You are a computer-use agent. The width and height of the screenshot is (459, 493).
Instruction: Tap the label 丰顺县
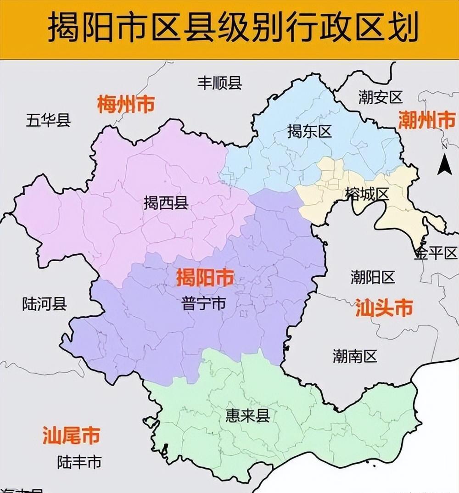pyautogui.click(x=220, y=83)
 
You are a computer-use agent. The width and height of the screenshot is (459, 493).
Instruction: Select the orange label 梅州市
pyautogui.click(x=125, y=105)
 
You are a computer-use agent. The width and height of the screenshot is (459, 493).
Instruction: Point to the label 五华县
pyautogui.click(x=48, y=120)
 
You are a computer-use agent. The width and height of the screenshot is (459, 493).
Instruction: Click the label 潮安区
pyautogui.click(x=381, y=97)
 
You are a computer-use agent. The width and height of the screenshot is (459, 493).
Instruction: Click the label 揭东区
pyautogui.click(x=309, y=132)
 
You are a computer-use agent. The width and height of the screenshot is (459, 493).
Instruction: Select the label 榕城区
pyautogui.click(x=367, y=194)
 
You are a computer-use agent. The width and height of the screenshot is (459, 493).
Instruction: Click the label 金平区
pyautogui.click(x=436, y=253)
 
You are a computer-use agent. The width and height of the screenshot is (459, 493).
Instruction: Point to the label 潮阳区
pyautogui.click(x=373, y=277)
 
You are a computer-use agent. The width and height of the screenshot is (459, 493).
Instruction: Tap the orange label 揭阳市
pyautogui.click(x=205, y=278)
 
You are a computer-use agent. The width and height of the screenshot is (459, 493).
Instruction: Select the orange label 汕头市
pyautogui.click(x=384, y=308)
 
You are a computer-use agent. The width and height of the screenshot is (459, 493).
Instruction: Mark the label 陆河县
pyautogui.click(x=45, y=303)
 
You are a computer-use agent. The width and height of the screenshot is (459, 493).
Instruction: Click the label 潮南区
pyautogui.click(x=355, y=356)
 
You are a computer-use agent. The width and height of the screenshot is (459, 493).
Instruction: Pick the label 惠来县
pyautogui.click(x=247, y=416)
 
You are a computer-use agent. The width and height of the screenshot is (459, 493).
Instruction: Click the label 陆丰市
pyautogui.click(x=79, y=462)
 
